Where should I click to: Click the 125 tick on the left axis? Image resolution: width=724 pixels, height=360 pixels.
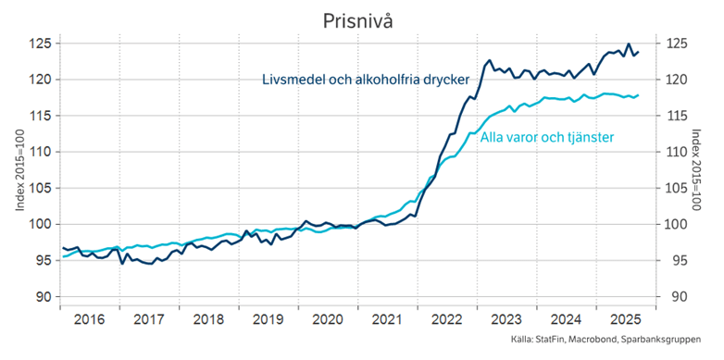click(x=39, y=43)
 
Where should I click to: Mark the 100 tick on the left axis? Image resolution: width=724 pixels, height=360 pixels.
click(x=39, y=224)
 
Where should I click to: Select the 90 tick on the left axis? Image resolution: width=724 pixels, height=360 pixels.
click(x=43, y=296)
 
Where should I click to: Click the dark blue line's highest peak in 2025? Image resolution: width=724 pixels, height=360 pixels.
click(x=629, y=44)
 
